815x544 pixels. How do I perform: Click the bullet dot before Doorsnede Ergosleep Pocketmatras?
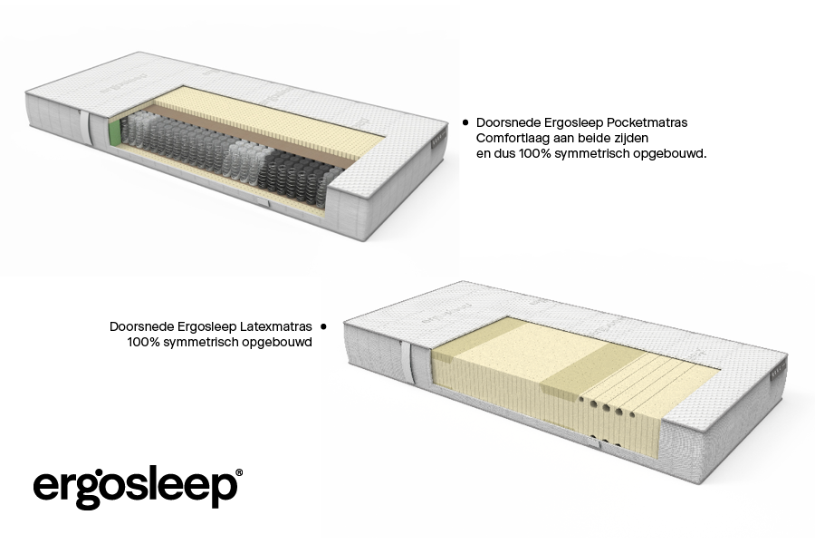(x=465, y=123)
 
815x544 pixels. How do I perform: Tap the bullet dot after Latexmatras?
(x=324, y=327)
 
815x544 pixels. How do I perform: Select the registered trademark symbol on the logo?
(x=239, y=472)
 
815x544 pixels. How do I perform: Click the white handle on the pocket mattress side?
(x=85, y=128)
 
